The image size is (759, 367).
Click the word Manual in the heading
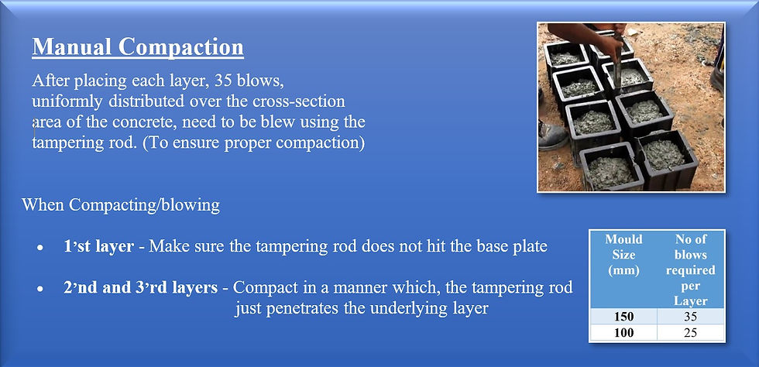71,47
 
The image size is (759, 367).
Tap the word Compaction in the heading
181,47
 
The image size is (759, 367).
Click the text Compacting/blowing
144,205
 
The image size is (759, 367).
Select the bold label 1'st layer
99,246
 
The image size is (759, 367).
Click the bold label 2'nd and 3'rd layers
140,287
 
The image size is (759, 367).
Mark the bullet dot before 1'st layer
40,248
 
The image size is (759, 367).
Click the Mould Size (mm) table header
623,255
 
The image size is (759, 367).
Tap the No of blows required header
690,270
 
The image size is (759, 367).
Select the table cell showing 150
623,317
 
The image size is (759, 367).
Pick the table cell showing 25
690,333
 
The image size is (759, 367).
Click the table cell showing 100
623,333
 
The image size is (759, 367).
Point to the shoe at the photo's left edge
551,135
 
